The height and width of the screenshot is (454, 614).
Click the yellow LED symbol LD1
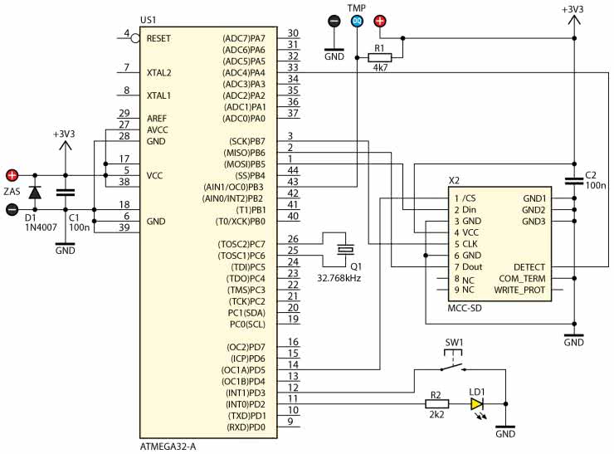[477, 404]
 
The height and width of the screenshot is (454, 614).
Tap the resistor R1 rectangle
[379, 57]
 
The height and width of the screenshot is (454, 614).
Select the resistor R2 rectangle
[436, 404]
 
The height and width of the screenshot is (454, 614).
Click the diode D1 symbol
[35, 193]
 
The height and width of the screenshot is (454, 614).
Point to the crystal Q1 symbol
[345, 250]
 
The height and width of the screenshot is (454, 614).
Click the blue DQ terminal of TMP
[357, 21]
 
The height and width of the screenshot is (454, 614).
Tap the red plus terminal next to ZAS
[12, 175]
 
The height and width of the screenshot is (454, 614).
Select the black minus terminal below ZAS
[12, 209]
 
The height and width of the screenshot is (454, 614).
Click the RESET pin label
[158, 38]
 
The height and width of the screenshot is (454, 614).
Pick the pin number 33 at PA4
[293, 67]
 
